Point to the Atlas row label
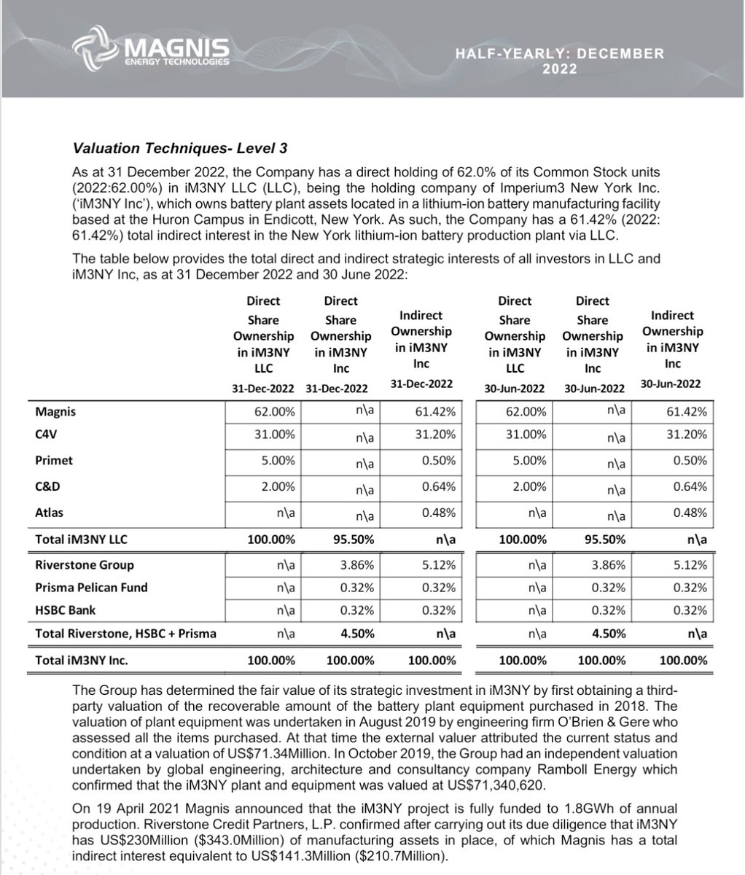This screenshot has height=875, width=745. click(x=49, y=512)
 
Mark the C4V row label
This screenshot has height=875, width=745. click(x=46, y=435)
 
